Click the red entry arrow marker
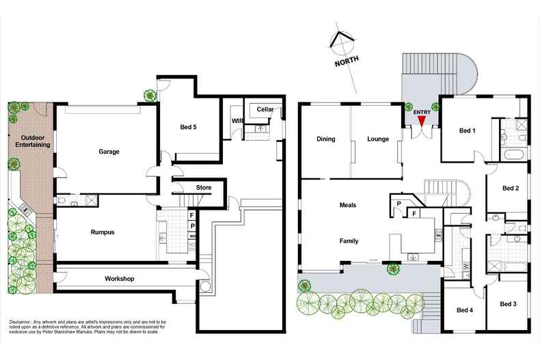[422, 121]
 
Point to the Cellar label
[265, 109]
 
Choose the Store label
[204, 187]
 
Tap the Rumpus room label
[102, 232]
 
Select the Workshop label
[118, 279]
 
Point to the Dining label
[325, 139]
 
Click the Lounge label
[377, 139]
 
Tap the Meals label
[347, 205]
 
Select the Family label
[349, 240]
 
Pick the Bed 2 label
[511, 188]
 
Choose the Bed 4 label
[466, 309]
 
